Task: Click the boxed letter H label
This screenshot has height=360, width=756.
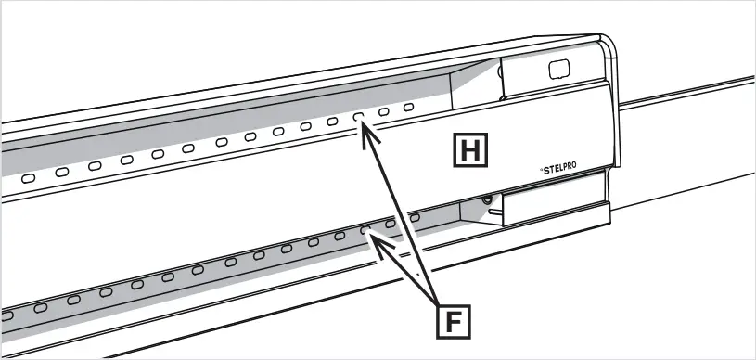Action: [x=469, y=149]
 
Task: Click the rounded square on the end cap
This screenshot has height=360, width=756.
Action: [x=557, y=70]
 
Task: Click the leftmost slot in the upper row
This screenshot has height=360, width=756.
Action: [x=29, y=176]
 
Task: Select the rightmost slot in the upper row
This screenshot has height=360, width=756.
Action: [x=409, y=109]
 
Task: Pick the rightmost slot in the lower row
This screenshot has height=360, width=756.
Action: [x=415, y=217]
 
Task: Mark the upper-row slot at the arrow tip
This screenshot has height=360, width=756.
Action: [x=358, y=118]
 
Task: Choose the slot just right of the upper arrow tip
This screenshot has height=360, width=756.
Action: [x=384, y=113]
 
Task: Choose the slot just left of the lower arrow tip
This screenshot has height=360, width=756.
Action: [x=340, y=236]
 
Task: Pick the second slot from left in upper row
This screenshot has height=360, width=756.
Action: [x=61, y=171]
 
